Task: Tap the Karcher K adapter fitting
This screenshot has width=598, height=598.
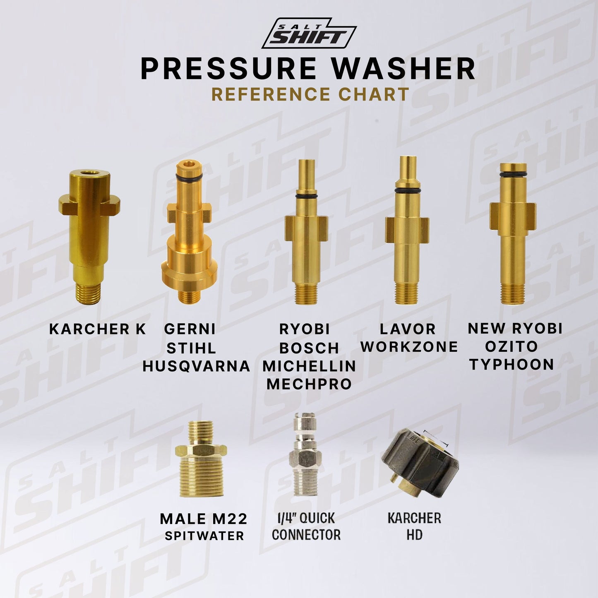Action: [x=89, y=238]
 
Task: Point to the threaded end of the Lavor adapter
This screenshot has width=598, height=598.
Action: [x=407, y=292]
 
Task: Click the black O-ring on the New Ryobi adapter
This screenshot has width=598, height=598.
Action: [x=513, y=173]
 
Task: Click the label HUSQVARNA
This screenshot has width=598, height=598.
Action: [x=196, y=367]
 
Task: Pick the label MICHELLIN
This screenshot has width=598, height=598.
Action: [x=309, y=366]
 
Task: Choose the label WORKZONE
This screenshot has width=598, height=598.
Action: [x=409, y=347]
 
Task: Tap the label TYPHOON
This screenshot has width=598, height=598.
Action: [x=512, y=364]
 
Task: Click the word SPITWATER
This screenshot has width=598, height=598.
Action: [x=204, y=536]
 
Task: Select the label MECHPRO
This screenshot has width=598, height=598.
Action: [x=309, y=384]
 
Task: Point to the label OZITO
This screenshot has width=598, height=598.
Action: [x=511, y=346]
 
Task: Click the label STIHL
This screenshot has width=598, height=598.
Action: [x=191, y=348]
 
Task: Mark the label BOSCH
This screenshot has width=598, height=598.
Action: [x=309, y=348]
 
